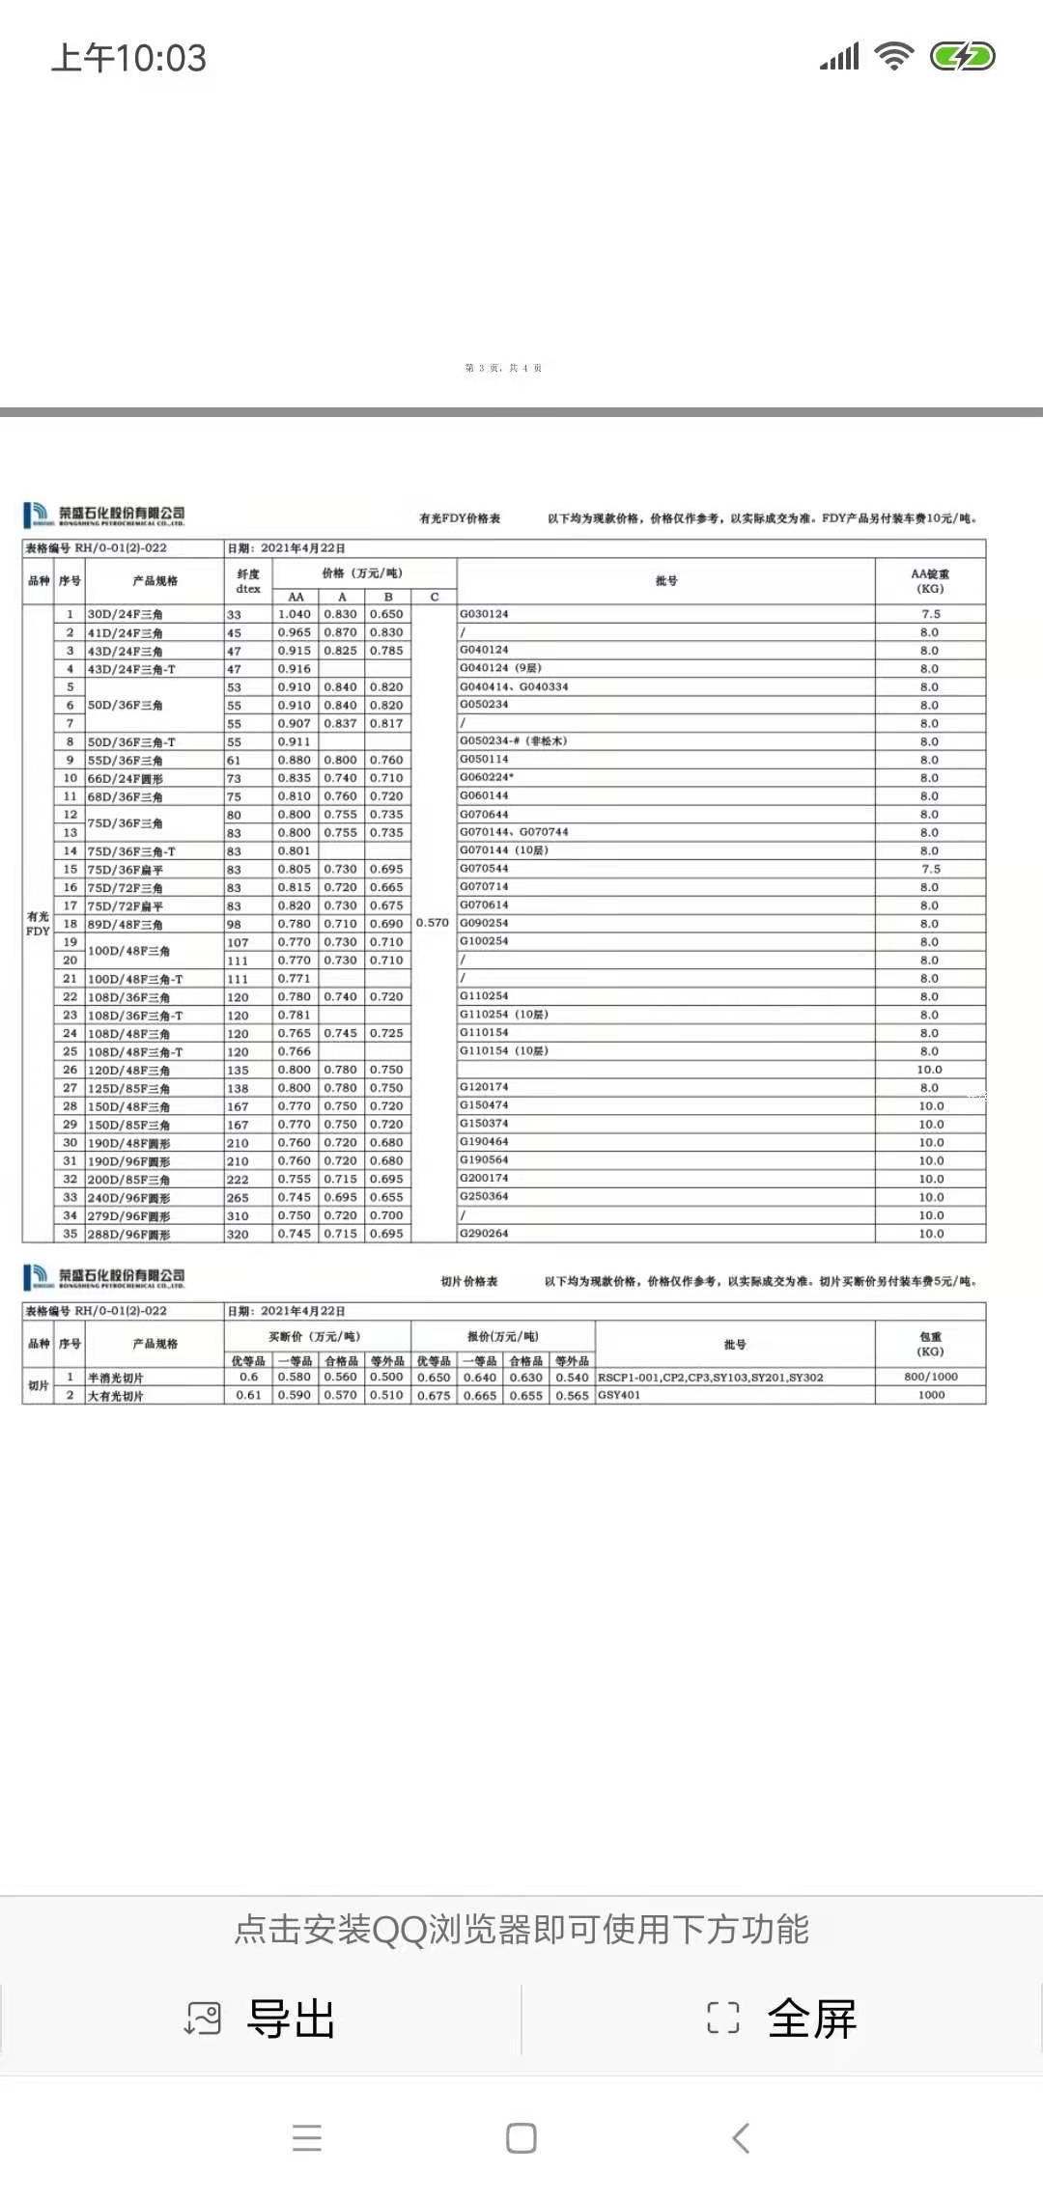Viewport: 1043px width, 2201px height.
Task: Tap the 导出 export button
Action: click(x=261, y=2019)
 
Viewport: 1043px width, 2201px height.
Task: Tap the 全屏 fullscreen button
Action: click(x=782, y=2019)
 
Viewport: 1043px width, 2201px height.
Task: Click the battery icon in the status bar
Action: click(x=962, y=57)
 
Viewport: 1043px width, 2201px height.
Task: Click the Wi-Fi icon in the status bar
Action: click(x=894, y=57)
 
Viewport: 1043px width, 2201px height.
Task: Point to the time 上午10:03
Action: click(x=128, y=58)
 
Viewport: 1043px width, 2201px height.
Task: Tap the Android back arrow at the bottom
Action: click(x=741, y=2138)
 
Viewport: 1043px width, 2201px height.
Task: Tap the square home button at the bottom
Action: click(x=521, y=2138)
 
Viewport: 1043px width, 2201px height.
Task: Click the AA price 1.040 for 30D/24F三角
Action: click(x=295, y=614)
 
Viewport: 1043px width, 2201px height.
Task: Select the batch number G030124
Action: click(x=484, y=614)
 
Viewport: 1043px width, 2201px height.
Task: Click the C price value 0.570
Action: click(x=433, y=923)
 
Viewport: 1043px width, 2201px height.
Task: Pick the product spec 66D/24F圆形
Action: click(x=126, y=778)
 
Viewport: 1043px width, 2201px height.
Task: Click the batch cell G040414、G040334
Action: click(x=514, y=686)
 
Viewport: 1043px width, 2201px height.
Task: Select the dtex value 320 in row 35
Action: click(x=238, y=1235)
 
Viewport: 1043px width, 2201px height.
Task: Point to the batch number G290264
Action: click(x=484, y=1234)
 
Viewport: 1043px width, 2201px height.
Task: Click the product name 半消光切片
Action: click(x=116, y=1378)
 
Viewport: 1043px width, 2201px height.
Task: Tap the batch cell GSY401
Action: click(x=619, y=1395)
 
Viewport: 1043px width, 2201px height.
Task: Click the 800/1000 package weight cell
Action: click(x=931, y=1377)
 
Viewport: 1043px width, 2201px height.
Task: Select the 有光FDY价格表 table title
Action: click(x=460, y=518)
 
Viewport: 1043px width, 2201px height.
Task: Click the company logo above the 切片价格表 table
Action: click(x=104, y=1277)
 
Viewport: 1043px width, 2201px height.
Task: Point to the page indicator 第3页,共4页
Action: click(x=503, y=368)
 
